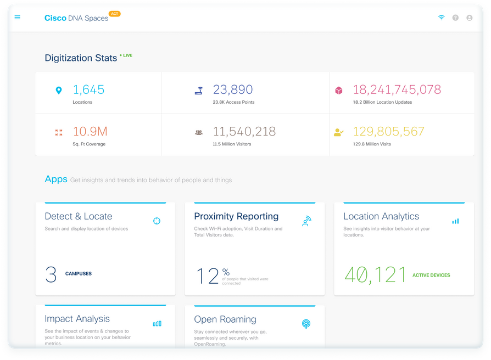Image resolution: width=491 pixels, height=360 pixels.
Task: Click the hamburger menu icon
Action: click(17, 18)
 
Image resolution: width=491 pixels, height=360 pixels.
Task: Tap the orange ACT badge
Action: click(115, 14)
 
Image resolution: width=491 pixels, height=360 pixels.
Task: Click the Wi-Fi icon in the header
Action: click(441, 18)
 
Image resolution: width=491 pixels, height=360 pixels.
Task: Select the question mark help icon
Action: click(455, 18)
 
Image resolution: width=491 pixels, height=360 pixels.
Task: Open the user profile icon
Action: click(470, 18)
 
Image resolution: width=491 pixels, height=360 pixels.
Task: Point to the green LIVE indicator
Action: click(126, 55)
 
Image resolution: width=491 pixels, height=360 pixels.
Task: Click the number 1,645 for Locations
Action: click(88, 89)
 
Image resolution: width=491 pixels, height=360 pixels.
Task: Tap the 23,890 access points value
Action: click(233, 89)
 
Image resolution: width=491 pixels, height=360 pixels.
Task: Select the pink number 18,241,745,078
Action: click(397, 89)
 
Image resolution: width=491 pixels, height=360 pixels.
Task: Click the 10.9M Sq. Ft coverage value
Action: click(90, 132)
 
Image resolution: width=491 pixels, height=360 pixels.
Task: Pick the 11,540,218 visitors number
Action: click(244, 132)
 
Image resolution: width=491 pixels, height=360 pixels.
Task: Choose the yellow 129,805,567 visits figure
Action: click(388, 132)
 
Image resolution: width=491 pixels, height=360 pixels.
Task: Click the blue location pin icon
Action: click(59, 91)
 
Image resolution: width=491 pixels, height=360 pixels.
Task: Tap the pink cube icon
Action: click(339, 91)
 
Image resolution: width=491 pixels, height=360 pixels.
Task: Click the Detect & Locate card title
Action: click(79, 216)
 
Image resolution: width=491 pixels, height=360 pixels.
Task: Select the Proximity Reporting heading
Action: click(236, 216)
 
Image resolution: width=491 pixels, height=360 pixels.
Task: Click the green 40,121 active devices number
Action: click(375, 275)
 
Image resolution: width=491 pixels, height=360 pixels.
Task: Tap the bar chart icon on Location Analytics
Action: click(455, 221)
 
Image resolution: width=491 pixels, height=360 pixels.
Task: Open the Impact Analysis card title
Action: click(77, 319)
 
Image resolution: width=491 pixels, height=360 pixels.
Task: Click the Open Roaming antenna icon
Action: click(306, 324)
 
